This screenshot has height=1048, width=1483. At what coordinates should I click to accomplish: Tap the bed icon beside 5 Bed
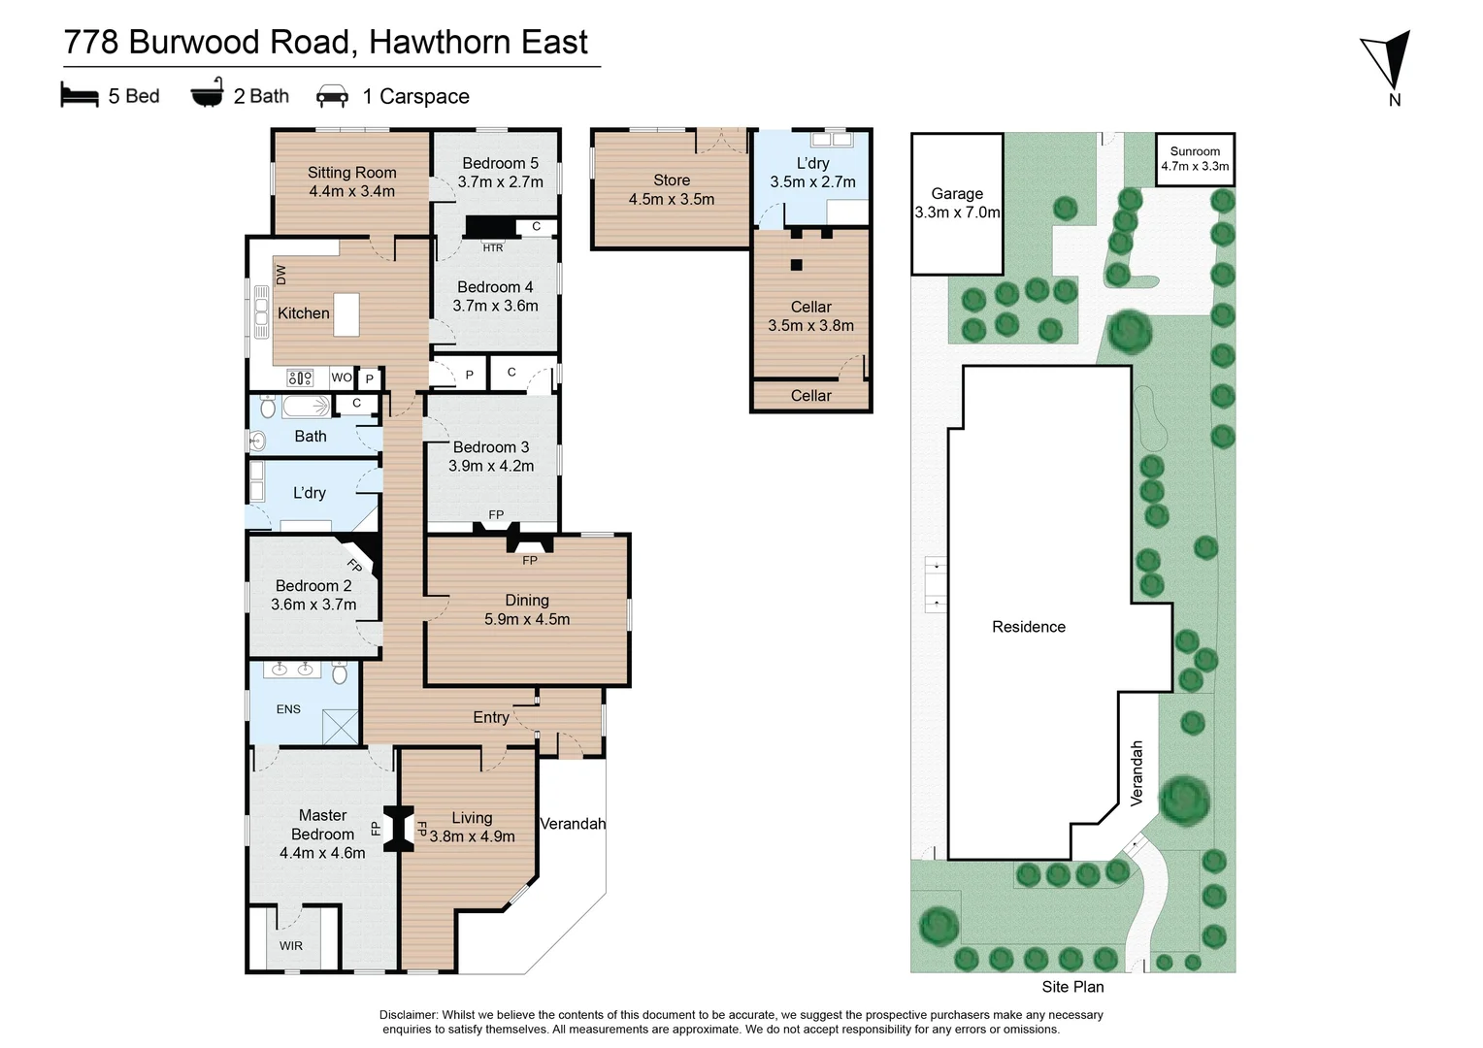[80, 95]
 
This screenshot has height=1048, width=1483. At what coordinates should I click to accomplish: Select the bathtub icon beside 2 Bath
[207, 93]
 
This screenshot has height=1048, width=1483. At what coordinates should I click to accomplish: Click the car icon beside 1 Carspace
[332, 96]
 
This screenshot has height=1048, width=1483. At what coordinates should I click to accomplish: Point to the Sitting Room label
[351, 173]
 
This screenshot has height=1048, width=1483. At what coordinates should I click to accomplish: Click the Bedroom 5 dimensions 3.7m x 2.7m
[500, 182]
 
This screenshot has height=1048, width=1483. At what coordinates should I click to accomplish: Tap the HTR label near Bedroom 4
[493, 248]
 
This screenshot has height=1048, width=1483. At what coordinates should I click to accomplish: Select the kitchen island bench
[346, 314]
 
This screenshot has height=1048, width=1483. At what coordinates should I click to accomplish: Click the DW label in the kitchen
[281, 275]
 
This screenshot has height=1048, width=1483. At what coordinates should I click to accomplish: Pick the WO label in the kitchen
[342, 377]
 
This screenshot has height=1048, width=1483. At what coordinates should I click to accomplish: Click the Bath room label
[311, 437]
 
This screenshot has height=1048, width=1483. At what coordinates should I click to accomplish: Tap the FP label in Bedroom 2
[354, 565]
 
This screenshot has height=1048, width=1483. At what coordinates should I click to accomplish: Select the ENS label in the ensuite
[288, 709]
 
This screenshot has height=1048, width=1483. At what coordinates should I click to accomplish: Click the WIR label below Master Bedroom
[291, 946]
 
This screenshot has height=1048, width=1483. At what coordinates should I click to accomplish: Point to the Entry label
[491, 717]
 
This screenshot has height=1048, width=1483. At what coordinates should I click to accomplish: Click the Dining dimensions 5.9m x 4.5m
[527, 619]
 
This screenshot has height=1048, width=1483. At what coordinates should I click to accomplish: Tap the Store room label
[672, 180]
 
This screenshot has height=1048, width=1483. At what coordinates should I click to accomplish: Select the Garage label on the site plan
[957, 194]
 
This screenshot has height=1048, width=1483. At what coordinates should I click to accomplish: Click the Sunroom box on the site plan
[1195, 159]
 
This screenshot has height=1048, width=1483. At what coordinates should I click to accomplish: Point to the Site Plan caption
[1072, 987]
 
